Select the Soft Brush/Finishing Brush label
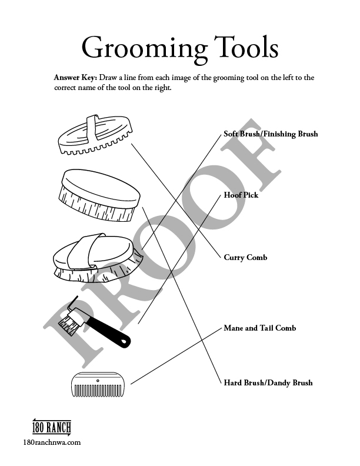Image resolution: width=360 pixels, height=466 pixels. [x=271, y=134]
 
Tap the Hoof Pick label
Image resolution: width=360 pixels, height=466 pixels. [x=241, y=195]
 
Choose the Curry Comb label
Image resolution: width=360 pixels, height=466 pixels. [x=245, y=258]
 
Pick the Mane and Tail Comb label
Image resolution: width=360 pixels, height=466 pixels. [x=259, y=328]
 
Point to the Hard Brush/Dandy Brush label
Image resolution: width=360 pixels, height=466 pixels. [x=268, y=382]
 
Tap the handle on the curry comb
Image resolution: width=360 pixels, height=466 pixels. [x=92, y=126]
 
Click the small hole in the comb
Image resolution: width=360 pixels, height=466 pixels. [x=98, y=381]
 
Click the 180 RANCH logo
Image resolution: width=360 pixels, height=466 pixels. [x=52, y=428]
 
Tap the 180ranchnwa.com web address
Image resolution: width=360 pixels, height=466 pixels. [x=51, y=442]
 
